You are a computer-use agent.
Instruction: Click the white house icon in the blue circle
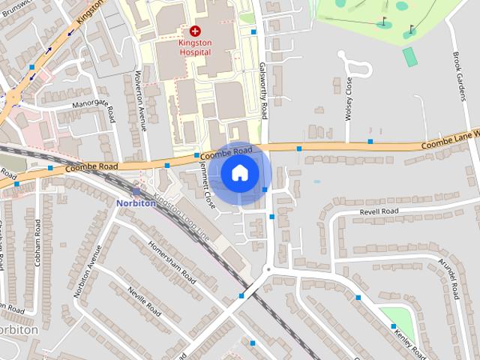pyautogui.click(x=239, y=173)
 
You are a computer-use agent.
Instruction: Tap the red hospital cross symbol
pyautogui.click(x=195, y=31)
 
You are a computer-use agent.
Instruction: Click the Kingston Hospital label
pyautogui.click(x=195, y=47)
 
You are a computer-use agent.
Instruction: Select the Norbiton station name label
pyautogui.click(x=135, y=202)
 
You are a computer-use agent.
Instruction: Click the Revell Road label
pyautogui.click(x=379, y=212)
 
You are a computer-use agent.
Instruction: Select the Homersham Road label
pyautogui.click(x=172, y=262)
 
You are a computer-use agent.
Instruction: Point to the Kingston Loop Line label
pyautogui.click(x=181, y=217)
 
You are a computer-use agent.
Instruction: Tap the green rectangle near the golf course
pyautogui.click(x=409, y=56)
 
